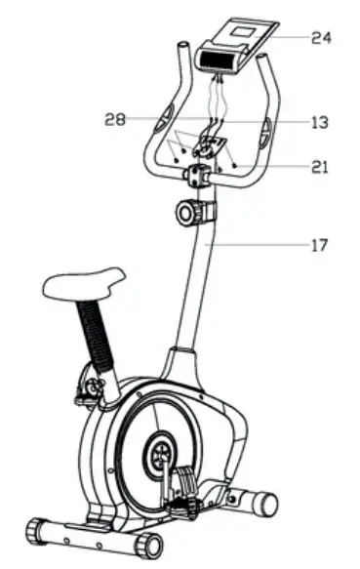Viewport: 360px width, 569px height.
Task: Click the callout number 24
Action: click(x=321, y=38)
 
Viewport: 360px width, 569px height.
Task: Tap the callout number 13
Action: click(x=319, y=123)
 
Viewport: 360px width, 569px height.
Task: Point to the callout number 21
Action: click(x=320, y=166)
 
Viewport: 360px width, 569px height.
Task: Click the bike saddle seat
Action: click(x=82, y=283)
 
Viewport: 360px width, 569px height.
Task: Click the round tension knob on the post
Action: click(x=191, y=212)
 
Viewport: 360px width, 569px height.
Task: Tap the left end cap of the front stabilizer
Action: click(x=38, y=530)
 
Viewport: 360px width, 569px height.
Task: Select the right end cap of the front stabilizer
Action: click(x=150, y=543)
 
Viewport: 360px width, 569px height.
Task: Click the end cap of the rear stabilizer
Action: click(x=264, y=500)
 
